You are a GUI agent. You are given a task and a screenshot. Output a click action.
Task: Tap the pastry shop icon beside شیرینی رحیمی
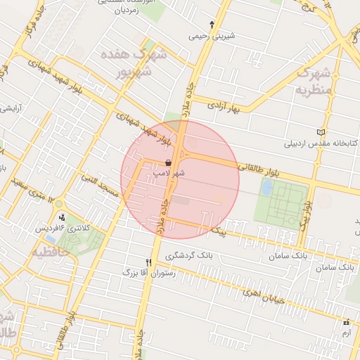[x=212, y=24]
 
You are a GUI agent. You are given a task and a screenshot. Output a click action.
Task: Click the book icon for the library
[x=321, y=132]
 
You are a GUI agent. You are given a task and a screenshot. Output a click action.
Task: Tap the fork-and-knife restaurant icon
[x=148, y=262]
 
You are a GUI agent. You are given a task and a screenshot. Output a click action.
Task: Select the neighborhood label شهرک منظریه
[x=314, y=81]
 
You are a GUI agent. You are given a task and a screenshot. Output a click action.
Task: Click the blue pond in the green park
[x=267, y=188]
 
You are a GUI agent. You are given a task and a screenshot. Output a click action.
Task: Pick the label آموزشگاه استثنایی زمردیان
[x=127, y=8]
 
